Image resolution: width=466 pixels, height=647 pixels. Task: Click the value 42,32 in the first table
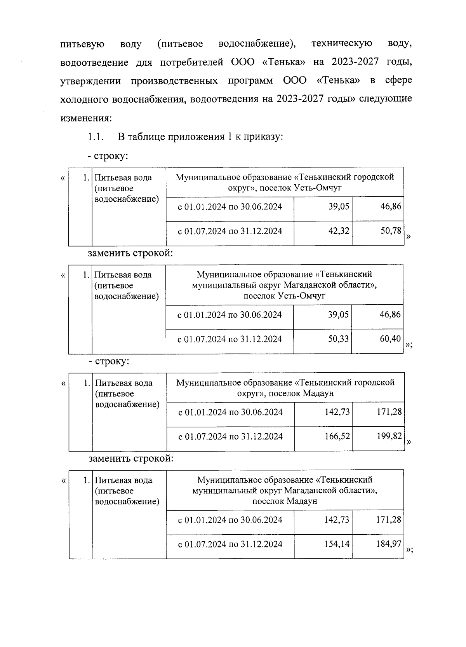(x=339, y=231)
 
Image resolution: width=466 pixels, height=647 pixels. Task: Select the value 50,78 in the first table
(x=391, y=231)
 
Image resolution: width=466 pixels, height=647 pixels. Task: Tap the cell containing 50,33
(x=338, y=339)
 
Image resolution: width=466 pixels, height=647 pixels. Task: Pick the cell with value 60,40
(x=390, y=339)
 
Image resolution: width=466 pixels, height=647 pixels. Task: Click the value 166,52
(x=337, y=436)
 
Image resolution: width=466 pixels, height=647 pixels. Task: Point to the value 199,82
(x=389, y=436)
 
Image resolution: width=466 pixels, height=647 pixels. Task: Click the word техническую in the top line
(x=342, y=44)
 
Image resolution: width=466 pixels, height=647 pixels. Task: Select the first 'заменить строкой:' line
(x=130, y=253)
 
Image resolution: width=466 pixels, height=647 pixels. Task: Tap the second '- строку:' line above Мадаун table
(x=109, y=361)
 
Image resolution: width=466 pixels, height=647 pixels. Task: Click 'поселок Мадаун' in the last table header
(x=285, y=501)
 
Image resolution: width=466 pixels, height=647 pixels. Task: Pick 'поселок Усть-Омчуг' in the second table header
(x=284, y=296)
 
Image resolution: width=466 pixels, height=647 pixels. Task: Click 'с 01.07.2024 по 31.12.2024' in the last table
(x=230, y=544)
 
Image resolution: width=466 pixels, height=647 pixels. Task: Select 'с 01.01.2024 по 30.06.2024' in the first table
(x=230, y=206)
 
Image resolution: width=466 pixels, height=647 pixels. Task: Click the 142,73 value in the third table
(x=337, y=412)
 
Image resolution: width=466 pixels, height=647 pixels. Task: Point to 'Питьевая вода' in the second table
(x=123, y=275)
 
